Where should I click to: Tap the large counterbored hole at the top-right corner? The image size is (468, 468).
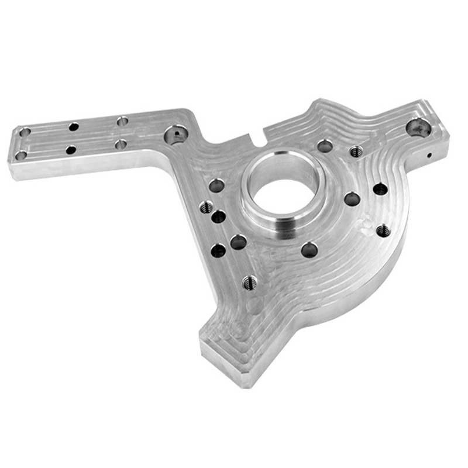pos(418,127)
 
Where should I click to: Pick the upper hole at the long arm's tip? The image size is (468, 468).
pos(24,132)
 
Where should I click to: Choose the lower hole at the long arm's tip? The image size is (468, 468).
pos(21,156)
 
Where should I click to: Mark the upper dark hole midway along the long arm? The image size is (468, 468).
pos(74,126)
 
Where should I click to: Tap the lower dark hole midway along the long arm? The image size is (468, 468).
pos(71,150)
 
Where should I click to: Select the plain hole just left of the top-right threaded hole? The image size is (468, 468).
pos(325,146)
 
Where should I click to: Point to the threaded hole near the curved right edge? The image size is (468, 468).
pos(383,230)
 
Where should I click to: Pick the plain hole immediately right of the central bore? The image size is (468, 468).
pos(352,199)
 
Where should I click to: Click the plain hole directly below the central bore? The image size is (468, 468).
pos(309,250)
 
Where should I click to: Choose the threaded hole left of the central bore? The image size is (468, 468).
pos(206,207)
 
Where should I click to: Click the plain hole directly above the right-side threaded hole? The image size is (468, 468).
pos(380,189)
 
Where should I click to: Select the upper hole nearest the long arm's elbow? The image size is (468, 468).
pos(122,121)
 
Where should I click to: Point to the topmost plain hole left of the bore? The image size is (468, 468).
pos(216,186)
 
